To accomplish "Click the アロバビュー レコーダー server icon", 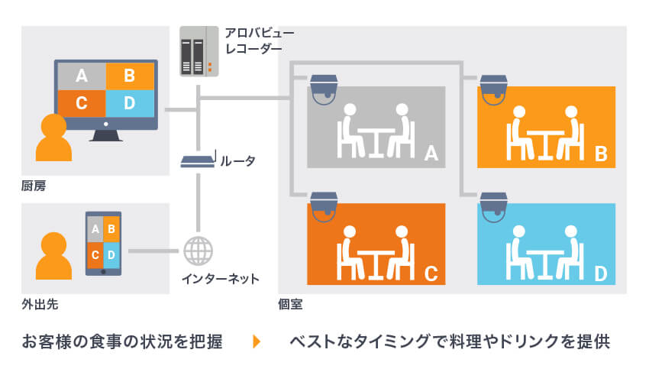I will pos(195,51).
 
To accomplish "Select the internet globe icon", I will pos(199,251).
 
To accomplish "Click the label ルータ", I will pos(237,161).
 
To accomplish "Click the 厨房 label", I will pos(34,186).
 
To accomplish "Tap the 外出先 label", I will pos(40,304).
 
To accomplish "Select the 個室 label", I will pos(290,304).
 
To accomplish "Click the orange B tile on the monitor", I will pos(129,76).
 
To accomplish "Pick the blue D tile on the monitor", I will pos(129,102).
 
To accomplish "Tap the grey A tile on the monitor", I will pos(81,76).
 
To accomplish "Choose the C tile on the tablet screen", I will pos(95,254).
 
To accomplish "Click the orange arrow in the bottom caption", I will pos(257,342).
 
